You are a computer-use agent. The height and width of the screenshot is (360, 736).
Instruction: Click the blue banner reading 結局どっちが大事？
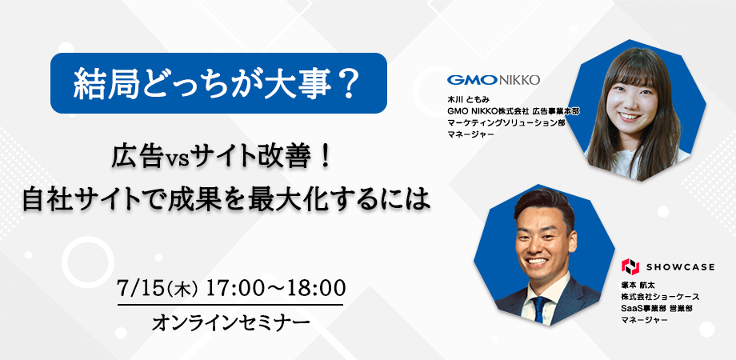coord(218,83)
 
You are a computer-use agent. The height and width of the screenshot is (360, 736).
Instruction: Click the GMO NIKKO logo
coord(494,80)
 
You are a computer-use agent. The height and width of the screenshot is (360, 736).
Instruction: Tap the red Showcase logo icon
coord(630,266)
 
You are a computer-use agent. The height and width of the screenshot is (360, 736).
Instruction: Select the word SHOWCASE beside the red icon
coord(680,267)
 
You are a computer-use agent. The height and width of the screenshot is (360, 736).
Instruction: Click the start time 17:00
coord(234,288)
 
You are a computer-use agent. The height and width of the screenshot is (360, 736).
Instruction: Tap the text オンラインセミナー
coord(231,323)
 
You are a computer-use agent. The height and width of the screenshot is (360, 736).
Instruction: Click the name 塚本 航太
coord(638,286)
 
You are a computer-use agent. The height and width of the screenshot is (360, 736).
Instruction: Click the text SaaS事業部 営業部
coord(657,308)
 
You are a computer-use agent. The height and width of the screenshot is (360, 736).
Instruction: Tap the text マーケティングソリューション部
coord(506,123)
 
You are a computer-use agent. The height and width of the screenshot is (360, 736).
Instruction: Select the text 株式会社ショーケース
coord(661,297)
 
